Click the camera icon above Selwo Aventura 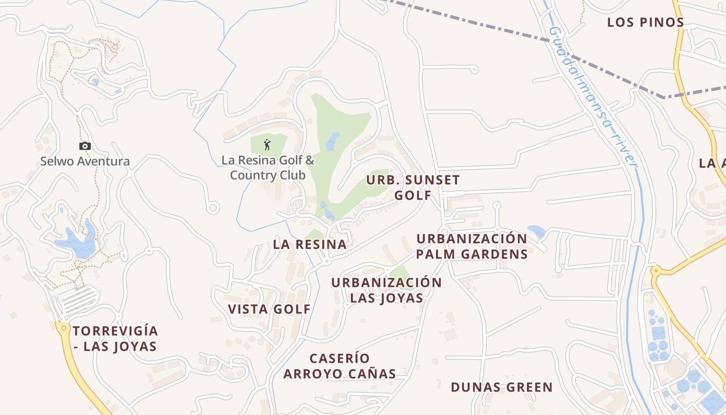click(85, 146)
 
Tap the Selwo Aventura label click(85, 161)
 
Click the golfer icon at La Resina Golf click(268, 145)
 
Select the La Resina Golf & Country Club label click(268, 167)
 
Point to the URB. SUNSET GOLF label click(413, 187)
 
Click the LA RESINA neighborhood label click(310, 244)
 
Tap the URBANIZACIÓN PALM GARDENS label click(471, 246)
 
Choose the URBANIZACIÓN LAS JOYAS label click(386, 290)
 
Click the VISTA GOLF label click(269, 309)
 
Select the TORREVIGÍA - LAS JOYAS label click(115, 338)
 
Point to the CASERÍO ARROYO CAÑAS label click(340, 366)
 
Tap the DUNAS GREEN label click(501, 387)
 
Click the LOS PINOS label click(646, 22)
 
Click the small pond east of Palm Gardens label click(536, 231)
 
